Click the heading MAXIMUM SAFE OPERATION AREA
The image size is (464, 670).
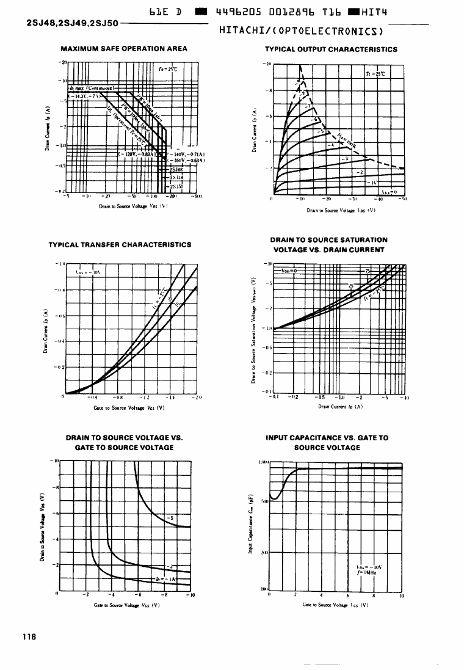(124, 49)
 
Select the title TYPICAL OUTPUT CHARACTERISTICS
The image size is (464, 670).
(331, 49)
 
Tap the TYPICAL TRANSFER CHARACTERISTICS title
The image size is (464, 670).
(120, 244)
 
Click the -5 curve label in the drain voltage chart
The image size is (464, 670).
(170, 519)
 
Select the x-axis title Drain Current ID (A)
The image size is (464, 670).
(333, 407)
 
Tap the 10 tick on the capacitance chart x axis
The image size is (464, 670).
(401, 596)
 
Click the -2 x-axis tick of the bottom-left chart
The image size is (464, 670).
(87, 594)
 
